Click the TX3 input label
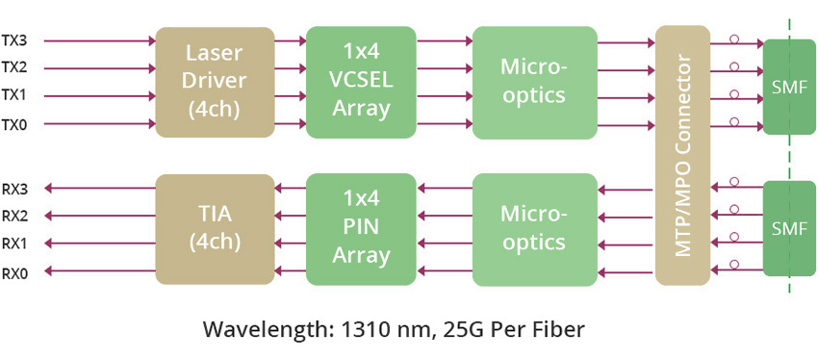(x=14, y=41)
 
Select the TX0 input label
(x=14, y=124)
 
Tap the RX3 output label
(x=14, y=189)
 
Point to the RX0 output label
(x=14, y=273)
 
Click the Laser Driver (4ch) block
(x=215, y=82)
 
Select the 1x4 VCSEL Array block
(x=361, y=82)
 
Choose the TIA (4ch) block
(x=215, y=228)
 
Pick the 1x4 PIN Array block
(x=361, y=228)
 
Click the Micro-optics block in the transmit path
(x=534, y=82)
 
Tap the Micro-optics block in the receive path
(x=534, y=228)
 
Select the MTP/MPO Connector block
(x=682, y=155)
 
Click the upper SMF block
(x=789, y=87)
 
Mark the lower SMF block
(x=789, y=228)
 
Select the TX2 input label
(x=14, y=68)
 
